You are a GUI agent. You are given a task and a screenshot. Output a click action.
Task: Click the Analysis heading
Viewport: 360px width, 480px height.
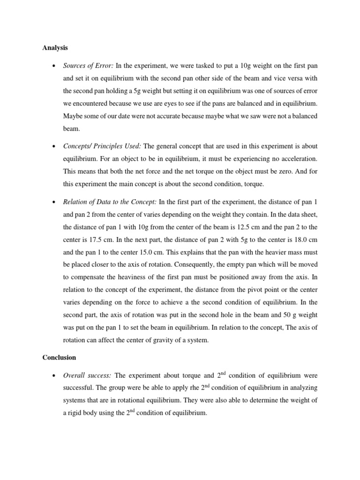[x=55, y=47]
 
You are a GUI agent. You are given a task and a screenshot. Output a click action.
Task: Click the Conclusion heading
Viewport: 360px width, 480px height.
[x=59, y=357]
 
